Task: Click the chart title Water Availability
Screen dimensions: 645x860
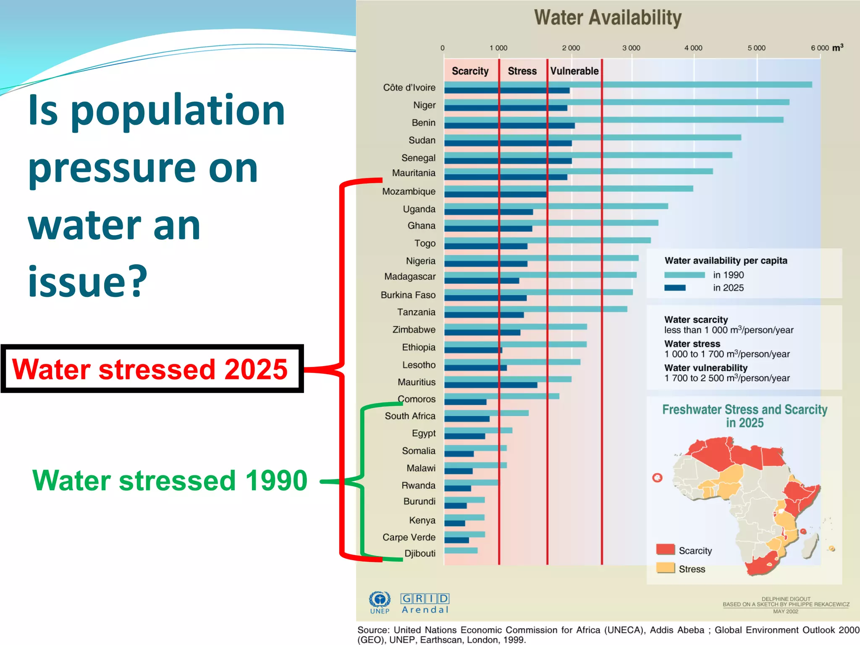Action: (607, 18)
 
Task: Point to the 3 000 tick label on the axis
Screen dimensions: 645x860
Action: (631, 48)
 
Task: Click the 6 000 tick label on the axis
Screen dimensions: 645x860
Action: (820, 48)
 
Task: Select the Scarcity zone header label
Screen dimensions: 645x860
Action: (470, 71)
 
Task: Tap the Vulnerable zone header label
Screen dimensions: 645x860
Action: (574, 71)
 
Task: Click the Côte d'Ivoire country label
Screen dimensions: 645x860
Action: (409, 87)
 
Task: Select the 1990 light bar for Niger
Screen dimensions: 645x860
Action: (616, 102)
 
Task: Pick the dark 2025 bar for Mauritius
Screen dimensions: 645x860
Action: (490, 385)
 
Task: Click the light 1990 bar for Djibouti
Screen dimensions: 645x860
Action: (461, 550)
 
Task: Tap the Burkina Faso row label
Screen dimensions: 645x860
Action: (408, 295)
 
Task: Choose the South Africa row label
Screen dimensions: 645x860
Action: (410, 416)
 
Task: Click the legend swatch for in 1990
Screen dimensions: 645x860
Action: (684, 275)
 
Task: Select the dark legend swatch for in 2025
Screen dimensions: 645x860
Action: (675, 288)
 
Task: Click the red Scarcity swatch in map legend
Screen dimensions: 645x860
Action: (665, 549)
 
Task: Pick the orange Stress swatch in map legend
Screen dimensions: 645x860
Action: (665, 568)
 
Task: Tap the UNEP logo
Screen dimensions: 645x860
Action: (380, 602)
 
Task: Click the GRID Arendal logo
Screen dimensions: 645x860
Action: (425, 603)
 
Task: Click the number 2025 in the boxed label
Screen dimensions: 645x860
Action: (256, 369)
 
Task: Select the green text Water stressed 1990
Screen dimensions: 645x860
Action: (170, 480)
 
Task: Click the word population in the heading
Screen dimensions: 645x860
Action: (178, 111)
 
